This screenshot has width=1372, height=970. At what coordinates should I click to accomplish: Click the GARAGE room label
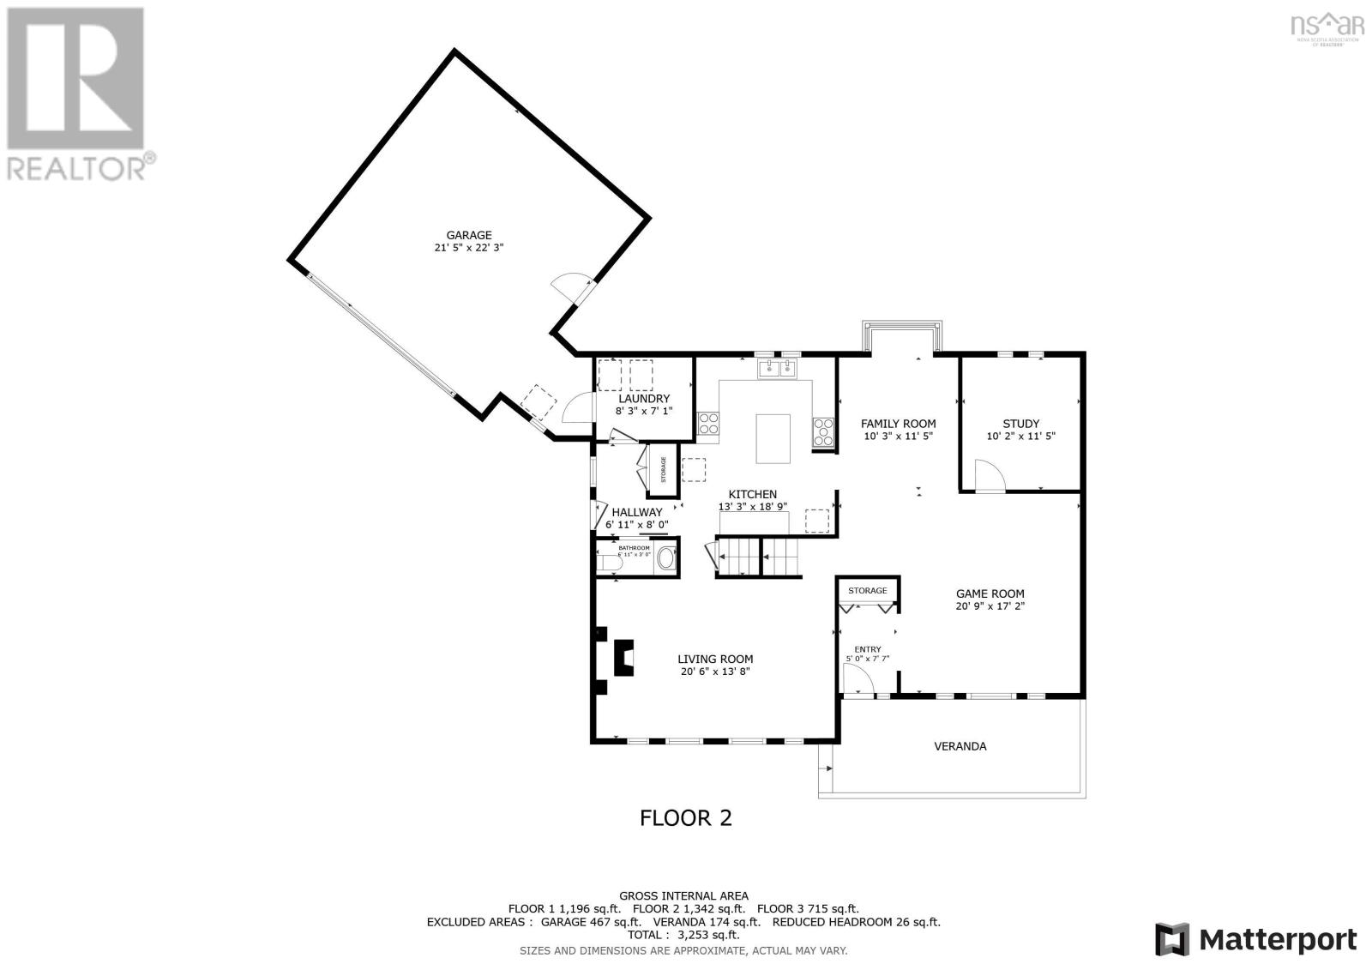pos(468,235)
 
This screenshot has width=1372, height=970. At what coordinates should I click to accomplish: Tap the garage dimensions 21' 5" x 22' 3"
pos(468,248)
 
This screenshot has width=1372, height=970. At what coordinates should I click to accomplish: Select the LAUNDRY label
pos(643,399)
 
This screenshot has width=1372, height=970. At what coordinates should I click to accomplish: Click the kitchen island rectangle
pos(773,438)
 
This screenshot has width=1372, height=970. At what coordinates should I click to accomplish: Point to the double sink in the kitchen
pos(778,369)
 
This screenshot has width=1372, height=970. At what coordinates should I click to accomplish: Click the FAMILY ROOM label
pos(898,424)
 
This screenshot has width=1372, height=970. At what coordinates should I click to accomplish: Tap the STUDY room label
pos(1020,424)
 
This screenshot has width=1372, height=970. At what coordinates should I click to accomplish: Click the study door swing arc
pos(987,474)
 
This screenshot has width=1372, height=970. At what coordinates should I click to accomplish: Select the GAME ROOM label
pos(990,593)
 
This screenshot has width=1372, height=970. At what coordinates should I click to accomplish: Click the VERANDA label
pos(960,746)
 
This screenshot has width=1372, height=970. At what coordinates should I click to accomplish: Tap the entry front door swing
pos(857,680)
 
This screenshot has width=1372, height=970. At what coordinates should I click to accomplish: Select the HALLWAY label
pos(636,512)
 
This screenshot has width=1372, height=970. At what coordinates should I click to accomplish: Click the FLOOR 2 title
pos(686,817)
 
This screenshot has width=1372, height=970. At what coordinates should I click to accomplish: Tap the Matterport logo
pos(1255,939)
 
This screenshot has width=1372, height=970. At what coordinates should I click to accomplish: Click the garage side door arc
pos(569,286)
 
